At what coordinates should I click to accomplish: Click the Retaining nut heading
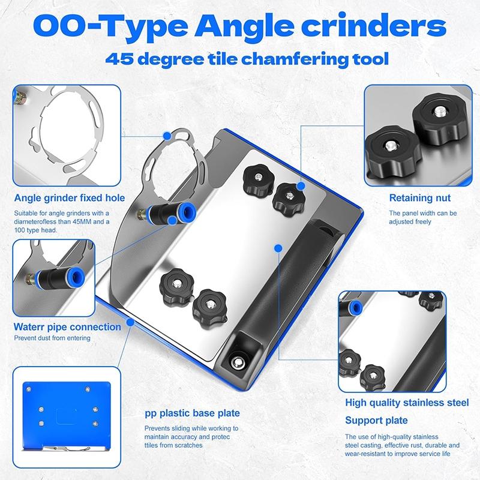pyautogui.click(x=419, y=197)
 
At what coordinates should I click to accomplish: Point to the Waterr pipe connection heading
pyautogui.click(x=67, y=327)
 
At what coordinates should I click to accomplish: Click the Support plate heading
pyautogui.click(x=376, y=420)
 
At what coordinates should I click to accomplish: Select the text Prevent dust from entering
pyautogui.click(x=52, y=338)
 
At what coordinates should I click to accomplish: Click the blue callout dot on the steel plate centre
pyautogui.click(x=277, y=247)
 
